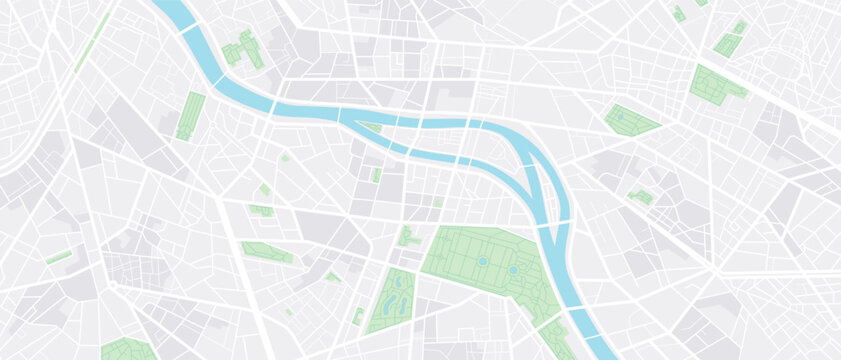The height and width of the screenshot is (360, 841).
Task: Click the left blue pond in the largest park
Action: tap(482, 261)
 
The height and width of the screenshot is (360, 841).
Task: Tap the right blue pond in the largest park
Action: tap(513, 269)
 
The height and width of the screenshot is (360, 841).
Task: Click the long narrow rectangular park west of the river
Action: tap(190, 116)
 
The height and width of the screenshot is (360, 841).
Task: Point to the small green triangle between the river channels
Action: tap(371, 127)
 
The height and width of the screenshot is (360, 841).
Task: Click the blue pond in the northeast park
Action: tap(620, 117)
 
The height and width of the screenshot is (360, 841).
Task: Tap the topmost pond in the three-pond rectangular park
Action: tap(399, 281)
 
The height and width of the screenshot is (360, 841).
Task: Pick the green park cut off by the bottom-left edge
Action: tap(127, 350)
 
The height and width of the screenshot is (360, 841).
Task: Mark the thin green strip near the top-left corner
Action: tap(93, 42)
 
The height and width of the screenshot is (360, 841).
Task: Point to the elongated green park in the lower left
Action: tap(266, 253)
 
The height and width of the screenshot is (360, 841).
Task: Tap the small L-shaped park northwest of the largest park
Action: tap(407, 237)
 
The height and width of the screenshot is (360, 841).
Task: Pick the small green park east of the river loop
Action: tap(641, 196)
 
